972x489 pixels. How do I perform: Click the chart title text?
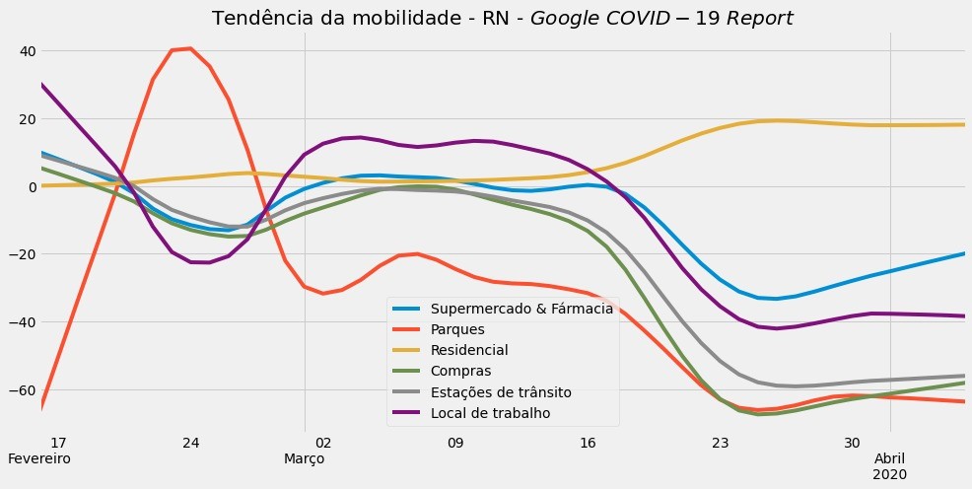pos(503,19)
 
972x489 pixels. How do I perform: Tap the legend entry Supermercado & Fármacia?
pos(529,309)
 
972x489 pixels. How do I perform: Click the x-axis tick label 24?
pos(191,443)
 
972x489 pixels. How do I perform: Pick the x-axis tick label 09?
pos(455,443)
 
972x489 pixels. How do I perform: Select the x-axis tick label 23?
pos(722,443)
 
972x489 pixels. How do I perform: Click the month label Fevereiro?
pos(39,459)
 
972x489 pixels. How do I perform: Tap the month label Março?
pos(305,459)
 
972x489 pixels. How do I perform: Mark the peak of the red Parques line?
pos(190,48)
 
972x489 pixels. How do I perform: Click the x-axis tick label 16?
pos(589,443)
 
